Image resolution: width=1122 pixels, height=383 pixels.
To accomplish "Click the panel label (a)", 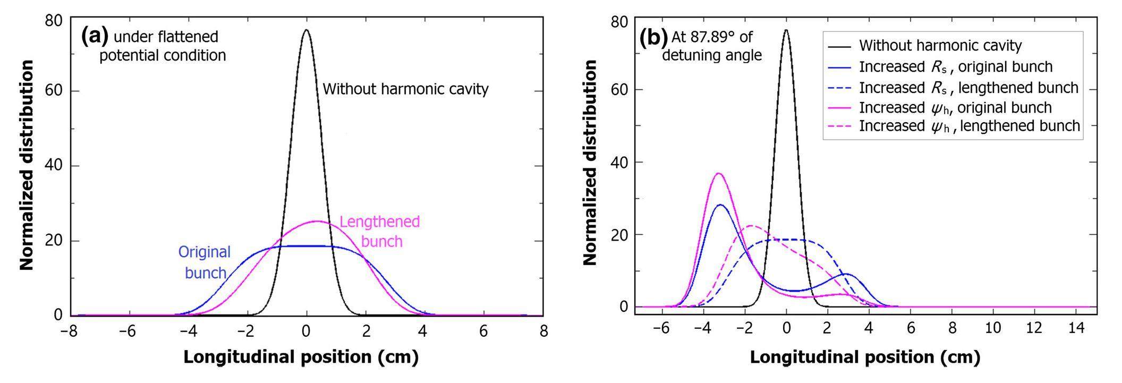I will (95, 36).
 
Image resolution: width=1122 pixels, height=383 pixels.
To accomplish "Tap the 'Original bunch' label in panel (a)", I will (205, 262).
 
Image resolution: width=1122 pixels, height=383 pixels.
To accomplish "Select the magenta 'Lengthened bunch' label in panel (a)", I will (380, 232).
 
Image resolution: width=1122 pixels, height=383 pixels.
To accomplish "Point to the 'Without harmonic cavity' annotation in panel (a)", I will (405, 89).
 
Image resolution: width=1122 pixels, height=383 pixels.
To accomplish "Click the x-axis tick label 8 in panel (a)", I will (542, 331).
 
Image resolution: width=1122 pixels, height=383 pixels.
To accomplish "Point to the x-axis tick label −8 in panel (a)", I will (68, 331).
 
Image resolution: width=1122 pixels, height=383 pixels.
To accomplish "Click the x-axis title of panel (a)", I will (301, 357).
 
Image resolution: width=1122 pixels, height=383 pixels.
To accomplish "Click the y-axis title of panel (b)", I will (590, 163).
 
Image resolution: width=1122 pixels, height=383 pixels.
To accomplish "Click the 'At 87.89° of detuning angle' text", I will (712, 46).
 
